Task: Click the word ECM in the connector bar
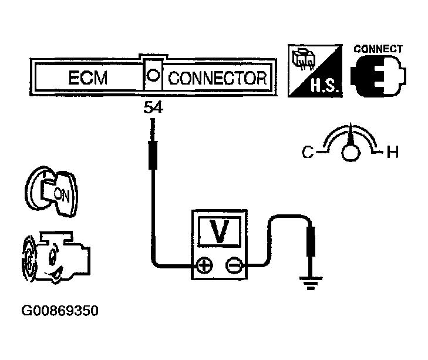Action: coord(88,78)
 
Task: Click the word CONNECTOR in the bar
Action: coord(217,78)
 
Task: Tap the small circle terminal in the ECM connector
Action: coord(153,75)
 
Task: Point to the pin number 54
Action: coord(153,107)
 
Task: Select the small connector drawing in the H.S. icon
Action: coord(304,59)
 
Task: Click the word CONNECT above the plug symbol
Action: coord(378,49)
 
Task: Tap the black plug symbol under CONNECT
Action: coord(378,76)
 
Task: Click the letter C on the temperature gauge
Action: coord(308,152)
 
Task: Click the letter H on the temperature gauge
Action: coord(393,152)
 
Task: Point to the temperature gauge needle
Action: coord(351,135)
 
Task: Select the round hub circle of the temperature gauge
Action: coord(351,153)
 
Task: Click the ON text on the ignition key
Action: coord(62,195)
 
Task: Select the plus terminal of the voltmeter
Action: coord(205,265)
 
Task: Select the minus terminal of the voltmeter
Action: coord(234,265)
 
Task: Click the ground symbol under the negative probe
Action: coord(311,283)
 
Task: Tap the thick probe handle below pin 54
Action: coord(153,155)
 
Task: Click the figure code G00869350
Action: coord(60,311)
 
